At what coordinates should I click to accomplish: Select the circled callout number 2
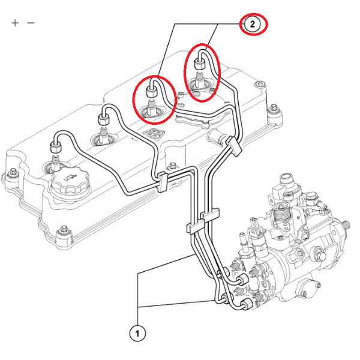coord(253,24)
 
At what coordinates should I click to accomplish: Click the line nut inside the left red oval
coord(152,94)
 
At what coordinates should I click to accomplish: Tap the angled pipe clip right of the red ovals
coord(232,144)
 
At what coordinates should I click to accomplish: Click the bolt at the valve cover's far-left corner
coord(10,175)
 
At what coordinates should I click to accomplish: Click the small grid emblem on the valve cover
coord(155,134)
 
